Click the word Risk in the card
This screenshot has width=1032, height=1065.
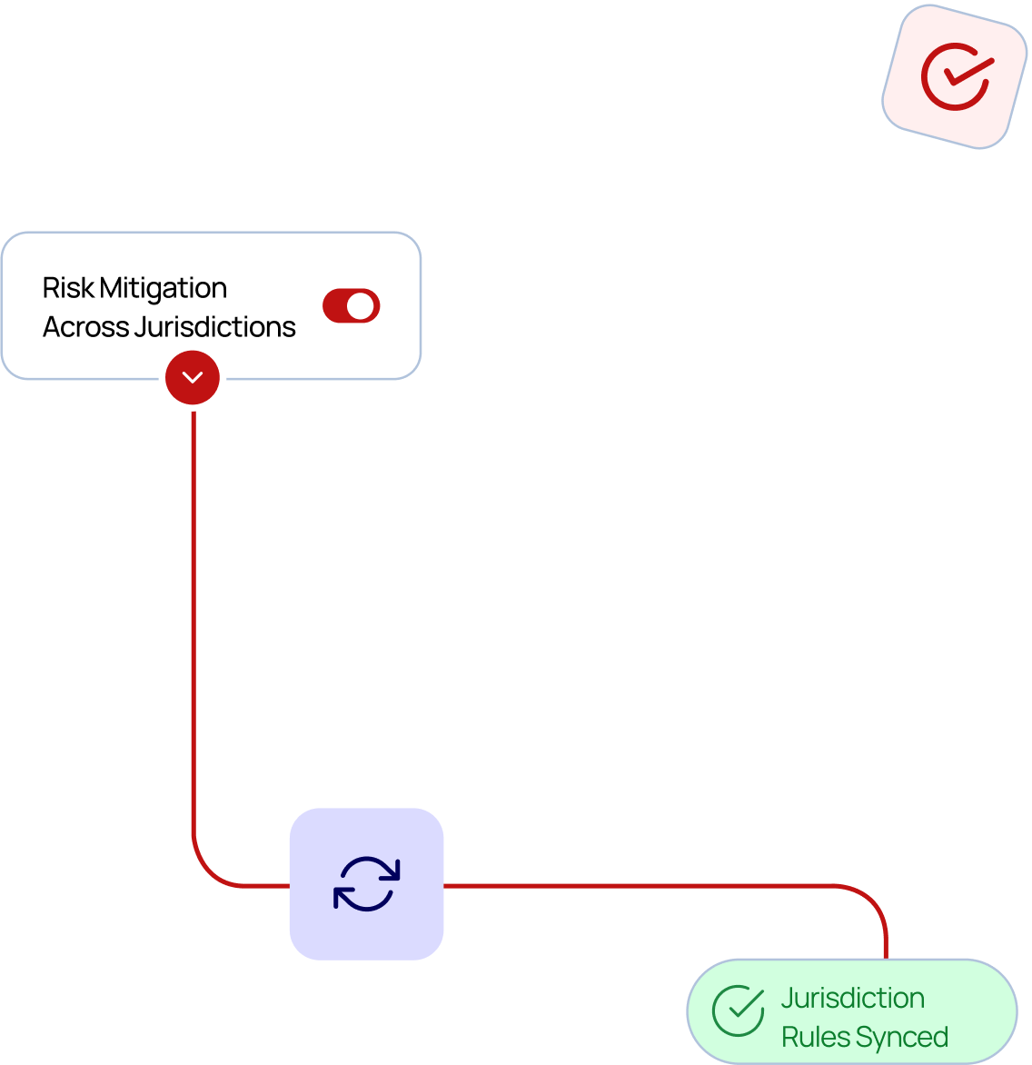[x=68, y=288]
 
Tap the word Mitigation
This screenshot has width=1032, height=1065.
[x=164, y=289]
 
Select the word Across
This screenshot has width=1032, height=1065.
[x=85, y=327]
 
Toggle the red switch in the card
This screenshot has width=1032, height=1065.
[x=351, y=306]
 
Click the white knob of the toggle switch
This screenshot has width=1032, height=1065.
[x=362, y=306]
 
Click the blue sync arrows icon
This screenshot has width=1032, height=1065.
[x=367, y=883]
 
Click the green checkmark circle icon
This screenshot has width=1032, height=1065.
[x=738, y=1010]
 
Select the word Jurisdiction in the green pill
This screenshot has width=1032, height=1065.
[x=852, y=998]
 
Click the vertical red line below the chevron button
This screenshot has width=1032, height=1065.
[x=193, y=618]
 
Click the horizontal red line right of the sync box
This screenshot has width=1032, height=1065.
[x=636, y=884]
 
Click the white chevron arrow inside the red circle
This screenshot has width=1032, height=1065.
[x=193, y=377]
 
